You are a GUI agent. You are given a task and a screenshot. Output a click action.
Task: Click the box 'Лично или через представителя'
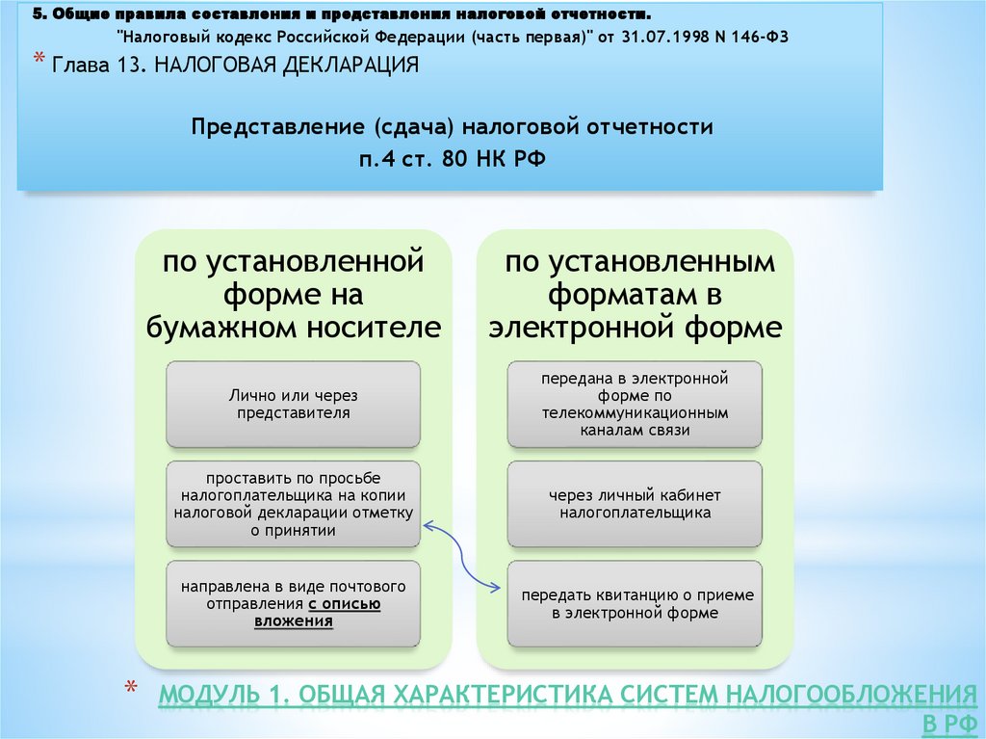pos(293,404)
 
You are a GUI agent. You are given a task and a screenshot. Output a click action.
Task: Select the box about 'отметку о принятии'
pos(293,504)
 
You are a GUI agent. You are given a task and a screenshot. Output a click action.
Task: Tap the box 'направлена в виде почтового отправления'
pos(293,603)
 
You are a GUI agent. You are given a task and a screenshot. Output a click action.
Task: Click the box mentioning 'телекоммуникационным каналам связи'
pos(635,404)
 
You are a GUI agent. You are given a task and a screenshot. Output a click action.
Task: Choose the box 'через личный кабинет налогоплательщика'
pos(635,504)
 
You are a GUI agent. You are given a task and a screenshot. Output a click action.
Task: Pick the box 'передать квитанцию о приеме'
pos(635,603)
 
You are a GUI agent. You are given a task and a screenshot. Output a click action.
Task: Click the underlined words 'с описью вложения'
pos(332,613)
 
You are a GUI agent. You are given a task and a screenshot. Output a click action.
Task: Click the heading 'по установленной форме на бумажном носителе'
pos(293,294)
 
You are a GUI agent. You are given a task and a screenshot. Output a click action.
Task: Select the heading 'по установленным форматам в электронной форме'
pos(635,294)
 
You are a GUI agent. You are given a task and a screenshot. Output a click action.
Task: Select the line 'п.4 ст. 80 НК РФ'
pos(453,158)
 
